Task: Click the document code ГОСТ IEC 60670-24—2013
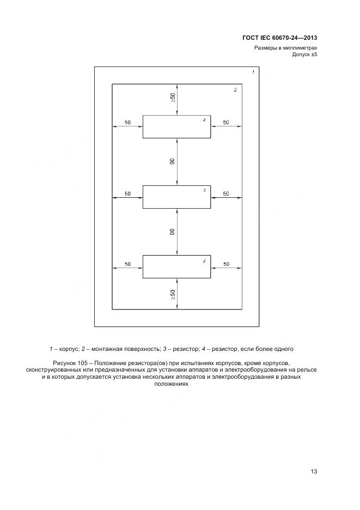click(x=279, y=38)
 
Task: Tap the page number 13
click(x=314, y=471)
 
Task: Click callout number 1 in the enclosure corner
click(x=253, y=72)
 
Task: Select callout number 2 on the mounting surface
click(x=235, y=90)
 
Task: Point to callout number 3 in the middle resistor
click(x=204, y=190)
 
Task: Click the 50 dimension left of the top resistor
click(x=127, y=123)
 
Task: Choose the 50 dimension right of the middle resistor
click(x=226, y=193)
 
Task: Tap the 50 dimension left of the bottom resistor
click(x=127, y=264)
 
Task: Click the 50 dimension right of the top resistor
click(x=226, y=123)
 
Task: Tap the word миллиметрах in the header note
click(x=299, y=48)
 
